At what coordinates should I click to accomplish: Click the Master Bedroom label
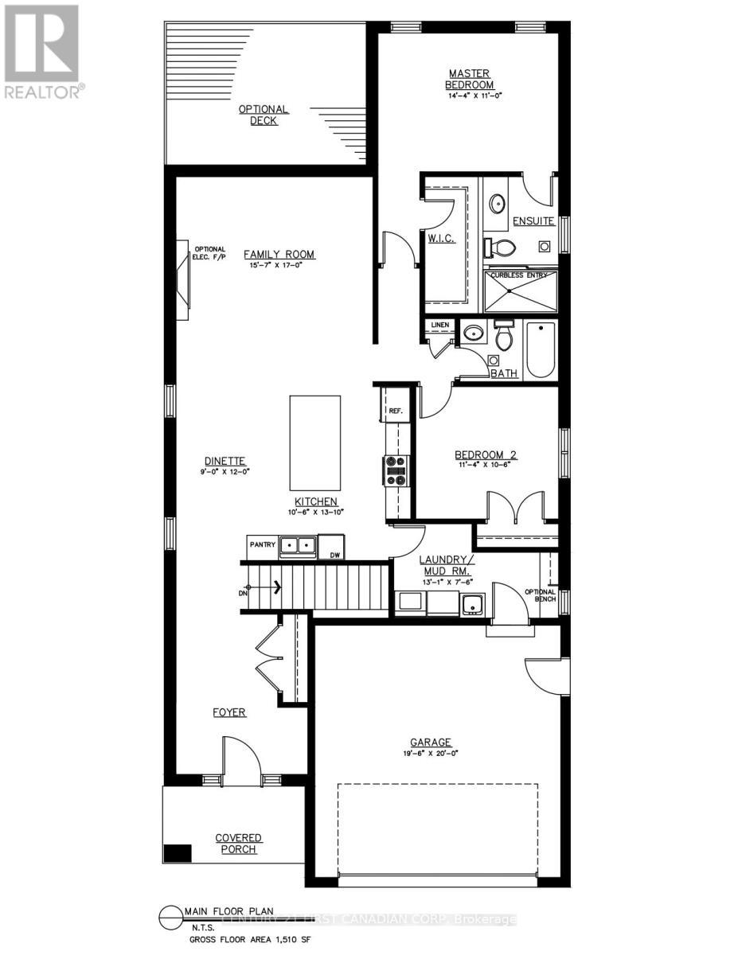pos(470,80)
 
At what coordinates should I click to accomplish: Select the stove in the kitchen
pos(396,470)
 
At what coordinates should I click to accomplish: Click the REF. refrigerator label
pos(396,411)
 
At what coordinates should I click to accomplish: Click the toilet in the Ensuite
pos(499,248)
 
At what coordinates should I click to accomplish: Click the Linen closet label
pos(440,325)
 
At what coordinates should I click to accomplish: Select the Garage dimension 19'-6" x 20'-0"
pos(431,752)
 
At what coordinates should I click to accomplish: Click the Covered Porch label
pos(238,843)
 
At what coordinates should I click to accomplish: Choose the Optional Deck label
pos(264,115)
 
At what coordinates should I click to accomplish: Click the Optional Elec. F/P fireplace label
pos(209,252)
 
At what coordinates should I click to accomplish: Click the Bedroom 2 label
pos(486,455)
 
